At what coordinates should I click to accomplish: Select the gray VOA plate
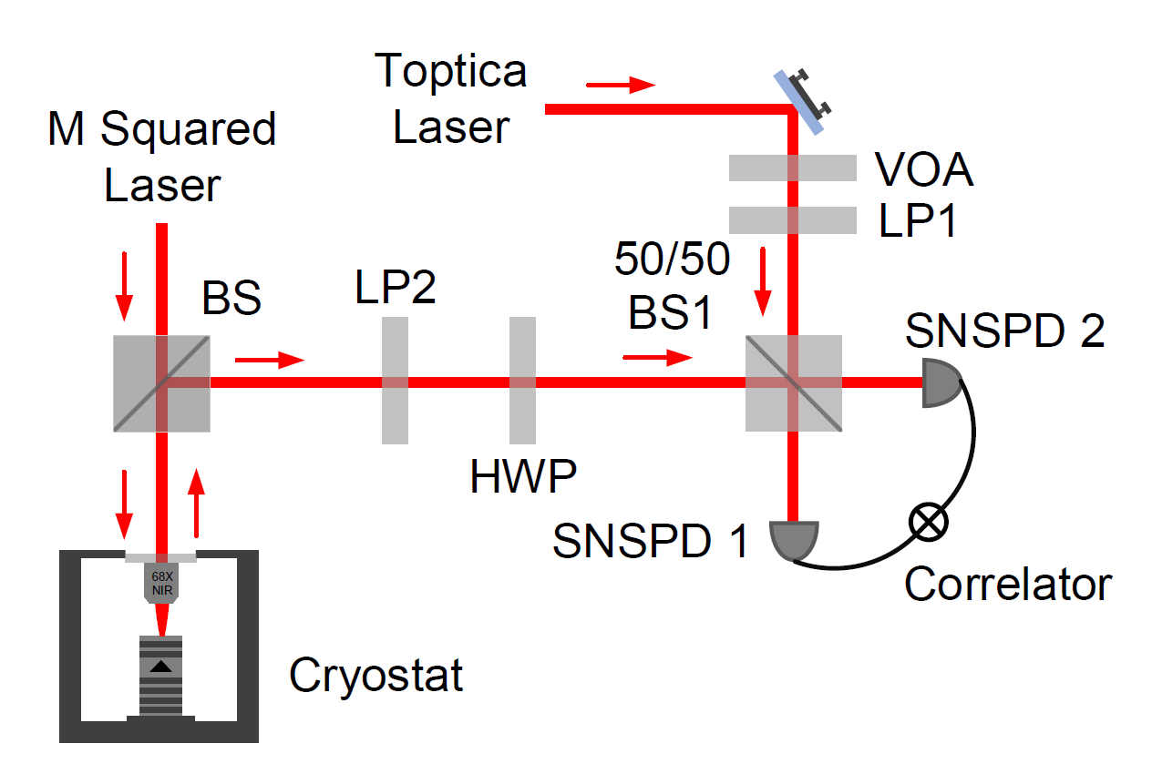pos(792,168)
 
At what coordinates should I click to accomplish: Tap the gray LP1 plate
pos(792,219)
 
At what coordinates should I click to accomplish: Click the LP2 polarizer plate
pos(395,381)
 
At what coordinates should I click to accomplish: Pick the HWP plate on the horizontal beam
pos(522,381)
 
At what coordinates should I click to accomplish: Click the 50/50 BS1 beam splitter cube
pos(793,382)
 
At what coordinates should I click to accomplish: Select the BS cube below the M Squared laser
pos(162,382)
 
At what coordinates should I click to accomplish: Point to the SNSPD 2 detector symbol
pos(941,382)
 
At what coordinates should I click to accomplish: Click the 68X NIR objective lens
pos(162,583)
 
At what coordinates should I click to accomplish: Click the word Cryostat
pos(375,676)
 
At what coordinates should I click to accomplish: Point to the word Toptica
pos(451,70)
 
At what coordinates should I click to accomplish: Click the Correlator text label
pos(1008,584)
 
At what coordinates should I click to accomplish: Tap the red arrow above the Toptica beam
pos(620,86)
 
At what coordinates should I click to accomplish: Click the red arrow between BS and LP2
pos(269,361)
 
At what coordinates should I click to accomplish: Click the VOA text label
pos(923,170)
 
